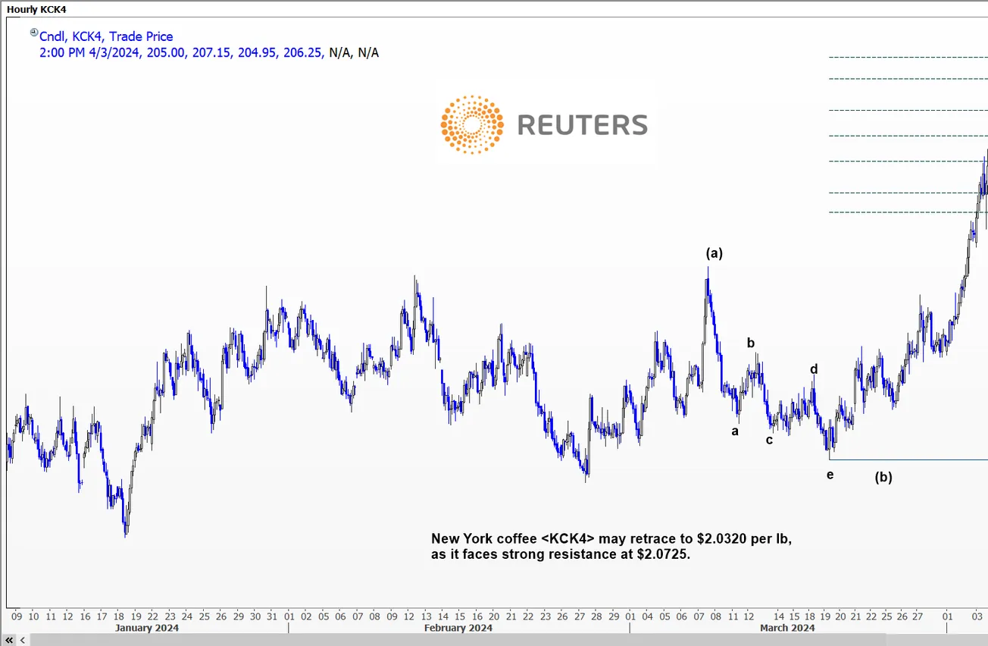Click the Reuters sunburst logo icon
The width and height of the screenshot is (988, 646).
(472, 125)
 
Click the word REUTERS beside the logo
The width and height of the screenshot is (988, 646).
(583, 125)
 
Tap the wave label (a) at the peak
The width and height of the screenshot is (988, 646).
(714, 253)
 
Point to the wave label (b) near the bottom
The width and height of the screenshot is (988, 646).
(883, 478)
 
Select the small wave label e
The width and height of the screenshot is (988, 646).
(830, 475)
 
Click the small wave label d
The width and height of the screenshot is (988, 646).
(814, 369)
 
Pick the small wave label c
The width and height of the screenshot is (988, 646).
(769, 440)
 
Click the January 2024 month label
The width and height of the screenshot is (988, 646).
(147, 628)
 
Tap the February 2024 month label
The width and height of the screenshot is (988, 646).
(458, 628)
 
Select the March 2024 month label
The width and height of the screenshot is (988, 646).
(787, 628)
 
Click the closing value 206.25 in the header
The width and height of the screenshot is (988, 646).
(306, 52)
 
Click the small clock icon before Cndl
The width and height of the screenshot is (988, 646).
(33, 33)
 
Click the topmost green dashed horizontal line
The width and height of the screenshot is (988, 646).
(908, 57)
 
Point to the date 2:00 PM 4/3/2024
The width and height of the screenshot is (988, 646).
(89, 52)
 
